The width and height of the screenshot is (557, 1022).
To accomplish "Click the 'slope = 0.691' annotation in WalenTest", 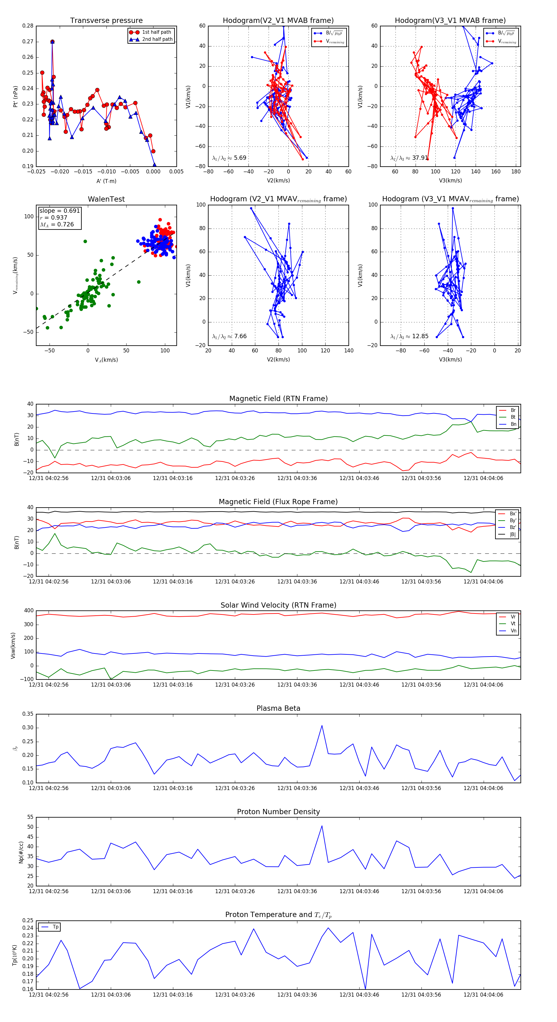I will coord(59,211).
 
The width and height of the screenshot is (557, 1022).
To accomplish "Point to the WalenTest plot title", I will coord(106,199).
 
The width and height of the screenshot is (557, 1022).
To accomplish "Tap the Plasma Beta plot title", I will coord(278,708).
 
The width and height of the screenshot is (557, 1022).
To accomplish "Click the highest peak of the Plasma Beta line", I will coord(322,726).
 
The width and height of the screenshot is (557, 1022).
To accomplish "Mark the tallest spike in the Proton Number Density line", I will coord(322,826).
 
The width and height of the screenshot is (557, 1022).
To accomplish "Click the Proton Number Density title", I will coord(278,812).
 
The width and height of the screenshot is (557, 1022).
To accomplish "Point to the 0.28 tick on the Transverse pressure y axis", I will coord(28,26).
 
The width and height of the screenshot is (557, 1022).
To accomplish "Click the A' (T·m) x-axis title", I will coord(106,181).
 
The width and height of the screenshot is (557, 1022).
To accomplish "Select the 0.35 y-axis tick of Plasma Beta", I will coord(28,714).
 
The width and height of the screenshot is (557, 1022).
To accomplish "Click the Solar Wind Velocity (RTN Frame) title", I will coord(278,605).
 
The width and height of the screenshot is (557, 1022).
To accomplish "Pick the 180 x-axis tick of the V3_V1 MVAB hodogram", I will coord(516,171).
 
